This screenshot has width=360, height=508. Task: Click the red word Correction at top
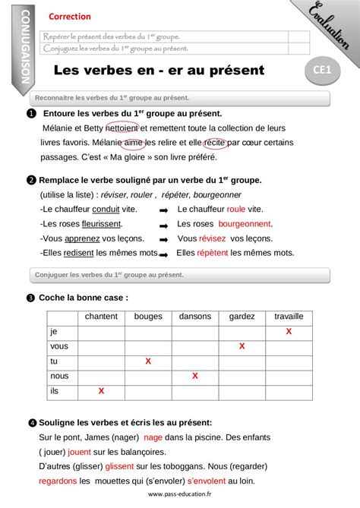(x=69, y=16)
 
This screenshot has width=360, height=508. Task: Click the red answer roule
(x=236, y=209)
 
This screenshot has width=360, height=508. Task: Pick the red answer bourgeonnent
(x=245, y=224)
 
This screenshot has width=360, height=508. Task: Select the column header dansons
(x=195, y=316)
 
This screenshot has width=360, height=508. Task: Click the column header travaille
(x=289, y=316)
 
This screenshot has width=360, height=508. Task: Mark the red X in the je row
(x=289, y=332)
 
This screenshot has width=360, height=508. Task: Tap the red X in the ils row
(x=102, y=391)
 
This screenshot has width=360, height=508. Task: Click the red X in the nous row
(x=195, y=376)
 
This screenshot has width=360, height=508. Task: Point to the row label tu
(x=54, y=361)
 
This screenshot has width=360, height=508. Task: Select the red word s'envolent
(x=209, y=481)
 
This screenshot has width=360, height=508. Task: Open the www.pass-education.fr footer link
(x=180, y=495)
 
